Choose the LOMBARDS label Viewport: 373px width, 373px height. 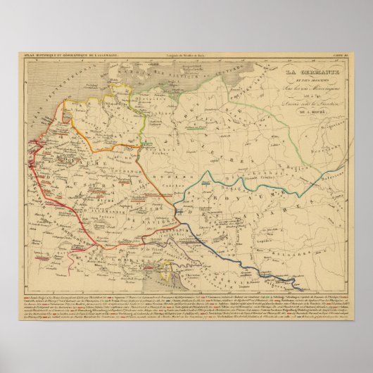(106, 261)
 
